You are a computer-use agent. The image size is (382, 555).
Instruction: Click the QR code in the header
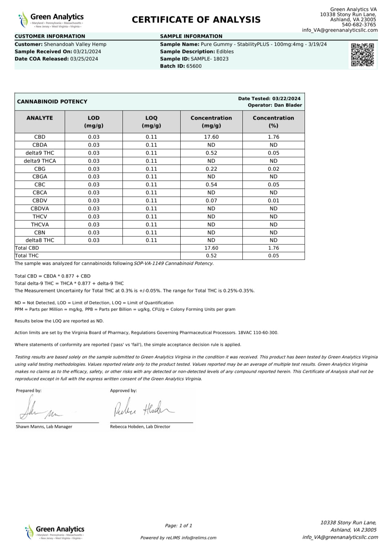[362, 55]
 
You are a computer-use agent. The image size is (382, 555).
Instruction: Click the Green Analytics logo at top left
[51, 20]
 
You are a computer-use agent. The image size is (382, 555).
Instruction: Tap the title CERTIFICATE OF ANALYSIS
[196, 20]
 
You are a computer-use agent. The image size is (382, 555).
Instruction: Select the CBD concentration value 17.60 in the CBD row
[211, 137]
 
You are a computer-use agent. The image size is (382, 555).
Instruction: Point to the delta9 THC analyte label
[40, 153]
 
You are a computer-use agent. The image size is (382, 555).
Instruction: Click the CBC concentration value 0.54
[211, 185]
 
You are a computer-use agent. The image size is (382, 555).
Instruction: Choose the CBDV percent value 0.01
[273, 201]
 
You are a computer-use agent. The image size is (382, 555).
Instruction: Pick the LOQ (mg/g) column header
[151, 122]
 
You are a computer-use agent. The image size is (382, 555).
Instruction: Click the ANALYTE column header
[40, 118]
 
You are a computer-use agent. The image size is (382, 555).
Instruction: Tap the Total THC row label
[27, 256]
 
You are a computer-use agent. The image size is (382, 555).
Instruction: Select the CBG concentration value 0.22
[211, 169]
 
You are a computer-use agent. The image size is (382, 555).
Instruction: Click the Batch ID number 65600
[194, 66]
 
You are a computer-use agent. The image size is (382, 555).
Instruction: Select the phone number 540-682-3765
[359, 25]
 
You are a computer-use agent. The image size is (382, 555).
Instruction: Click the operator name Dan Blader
[288, 105]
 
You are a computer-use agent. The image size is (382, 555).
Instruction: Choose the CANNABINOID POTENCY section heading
[52, 102]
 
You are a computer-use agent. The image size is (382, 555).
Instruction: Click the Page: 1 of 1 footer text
[178, 526]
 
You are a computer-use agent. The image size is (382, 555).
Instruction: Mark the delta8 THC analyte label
[40, 240]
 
